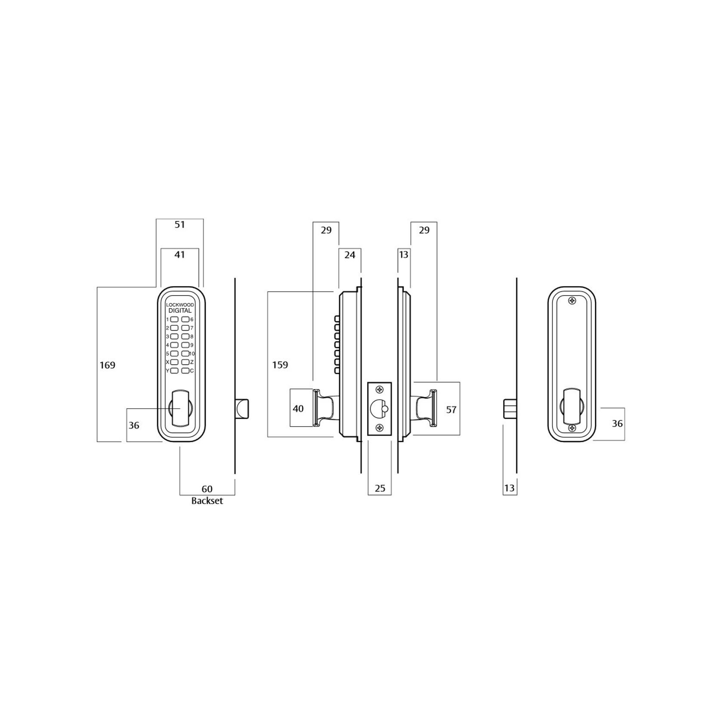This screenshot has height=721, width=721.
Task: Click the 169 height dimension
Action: (x=108, y=365)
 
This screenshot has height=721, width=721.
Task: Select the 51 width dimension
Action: (x=180, y=225)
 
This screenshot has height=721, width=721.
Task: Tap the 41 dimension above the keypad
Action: (x=180, y=255)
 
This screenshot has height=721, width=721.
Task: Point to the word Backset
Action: (x=207, y=501)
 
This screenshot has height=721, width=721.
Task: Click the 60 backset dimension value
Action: (x=207, y=489)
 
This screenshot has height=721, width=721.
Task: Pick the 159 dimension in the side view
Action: (x=280, y=365)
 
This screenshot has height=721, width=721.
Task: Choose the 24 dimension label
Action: (x=350, y=255)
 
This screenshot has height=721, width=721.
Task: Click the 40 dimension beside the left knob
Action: (x=298, y=409)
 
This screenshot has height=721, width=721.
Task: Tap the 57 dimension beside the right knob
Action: (x=451, y=410)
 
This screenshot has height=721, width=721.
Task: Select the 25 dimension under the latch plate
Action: (x=380, y=488)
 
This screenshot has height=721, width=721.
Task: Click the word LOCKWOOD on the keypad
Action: (x=180, y=305)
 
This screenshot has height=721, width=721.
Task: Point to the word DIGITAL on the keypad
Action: (x=180, y=311)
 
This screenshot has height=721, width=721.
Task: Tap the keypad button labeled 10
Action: (x=185, y=354)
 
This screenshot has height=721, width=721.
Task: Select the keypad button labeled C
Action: (x=185, y=370)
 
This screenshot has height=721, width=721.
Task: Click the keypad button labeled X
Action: (x=174, y=362)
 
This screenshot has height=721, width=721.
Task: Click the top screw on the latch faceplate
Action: (x=379, y=390)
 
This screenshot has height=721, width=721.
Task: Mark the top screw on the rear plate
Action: (x=572, y=301)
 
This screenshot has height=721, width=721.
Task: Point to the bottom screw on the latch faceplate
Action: (x=379, y=428)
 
